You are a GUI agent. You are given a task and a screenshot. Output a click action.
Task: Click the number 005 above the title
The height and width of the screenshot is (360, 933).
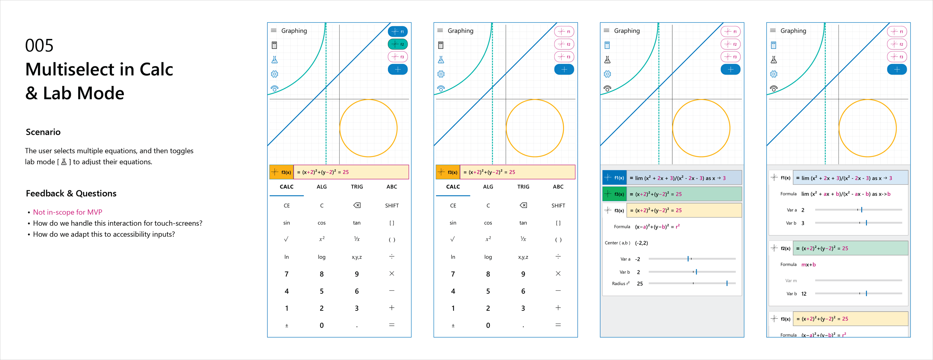coord(39,46)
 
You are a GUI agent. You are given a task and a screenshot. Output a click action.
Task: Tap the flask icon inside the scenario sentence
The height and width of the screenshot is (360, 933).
coord(64,162)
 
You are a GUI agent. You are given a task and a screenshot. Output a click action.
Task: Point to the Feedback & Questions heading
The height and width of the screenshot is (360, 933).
coord(71,193)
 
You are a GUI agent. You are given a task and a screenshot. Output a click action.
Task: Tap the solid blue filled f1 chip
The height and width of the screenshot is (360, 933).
coord(398,32)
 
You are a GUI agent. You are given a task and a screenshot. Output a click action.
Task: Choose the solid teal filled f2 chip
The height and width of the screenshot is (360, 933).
coord(398,44)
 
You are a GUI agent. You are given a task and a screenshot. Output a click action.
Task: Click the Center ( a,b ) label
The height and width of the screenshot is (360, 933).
coord(617,243)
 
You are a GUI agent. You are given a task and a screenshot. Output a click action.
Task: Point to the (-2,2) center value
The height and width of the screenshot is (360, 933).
coord(641,243)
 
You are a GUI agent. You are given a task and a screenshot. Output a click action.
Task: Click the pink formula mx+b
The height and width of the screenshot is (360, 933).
coord(808,265)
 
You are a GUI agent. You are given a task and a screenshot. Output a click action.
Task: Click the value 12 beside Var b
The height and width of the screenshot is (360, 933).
coord(804,294)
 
